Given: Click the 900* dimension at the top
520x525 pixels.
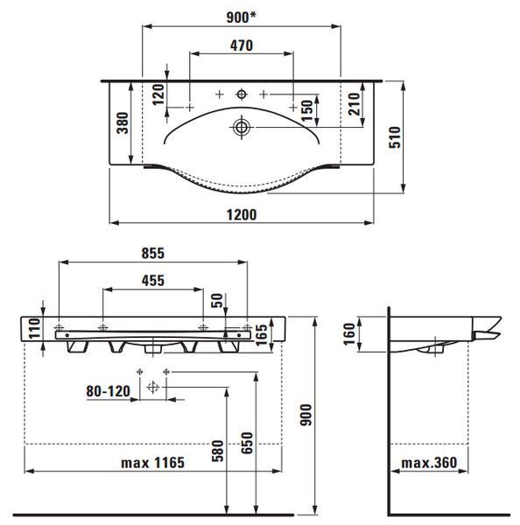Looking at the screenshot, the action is (241, 17).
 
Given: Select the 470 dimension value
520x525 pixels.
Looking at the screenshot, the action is (242, 45).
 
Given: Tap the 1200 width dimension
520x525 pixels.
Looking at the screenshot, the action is (242, 214).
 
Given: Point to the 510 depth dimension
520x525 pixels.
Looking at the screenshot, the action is (395, 137).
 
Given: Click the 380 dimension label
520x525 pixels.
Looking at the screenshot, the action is (123, 122).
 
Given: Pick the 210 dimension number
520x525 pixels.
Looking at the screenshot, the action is (354, 104).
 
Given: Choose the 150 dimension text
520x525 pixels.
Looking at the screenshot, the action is (307, 110).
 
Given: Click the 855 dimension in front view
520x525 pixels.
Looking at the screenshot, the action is (153, 253).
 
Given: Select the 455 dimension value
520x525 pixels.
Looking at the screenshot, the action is (153, 281).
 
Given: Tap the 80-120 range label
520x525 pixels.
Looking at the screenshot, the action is (109, 391).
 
